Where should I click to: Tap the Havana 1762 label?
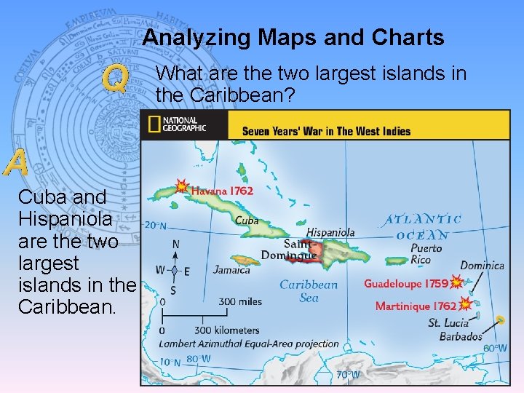pyautogui.click(x=222, y=191)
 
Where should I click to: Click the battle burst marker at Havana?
pyautogui.click(x=181, y=187)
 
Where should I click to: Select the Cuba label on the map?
pyautogui.click(x=247, y=219)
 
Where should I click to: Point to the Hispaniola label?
pyautogui.click(x=330, y=231)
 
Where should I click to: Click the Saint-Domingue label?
pyautogui.click(x=299, y=249)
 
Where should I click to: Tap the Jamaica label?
pyautogui.click(x=231, y=270)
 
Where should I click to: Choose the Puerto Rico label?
pyautogui.click(x=426, y=254)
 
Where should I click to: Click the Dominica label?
pyautogui.click(x=482, y=266)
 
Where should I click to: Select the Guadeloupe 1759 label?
pyautogui.click(x=406, y=282)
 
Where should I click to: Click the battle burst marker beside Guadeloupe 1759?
pyautogui.click(x=456, y=282)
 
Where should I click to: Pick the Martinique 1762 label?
pyautogui.click(x=416, y=306)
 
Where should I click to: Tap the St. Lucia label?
pyautogui.click(x=448, y=322)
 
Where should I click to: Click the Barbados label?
pyautogui.click(x=461, y=336)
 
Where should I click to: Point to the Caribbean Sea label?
pyautogui.click(x=309, y=290)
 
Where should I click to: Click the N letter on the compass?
pyautogui.click(x=175, y=245)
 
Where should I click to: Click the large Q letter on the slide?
pyautogui.click(x=116, y=79)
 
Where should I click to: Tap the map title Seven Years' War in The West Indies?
pyautogui.click(x=326, y=131)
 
